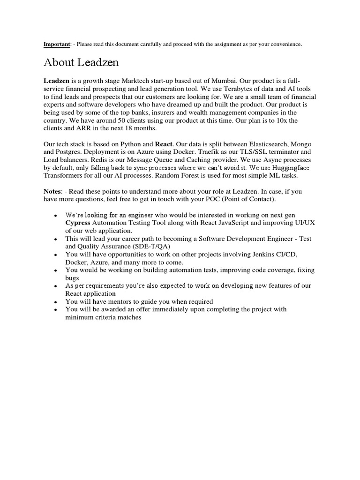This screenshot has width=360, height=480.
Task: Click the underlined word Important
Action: [x=56, y=44]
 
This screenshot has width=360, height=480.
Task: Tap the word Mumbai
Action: [x=238, y=81]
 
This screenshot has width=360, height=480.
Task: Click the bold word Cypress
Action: [x=78, y=223]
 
